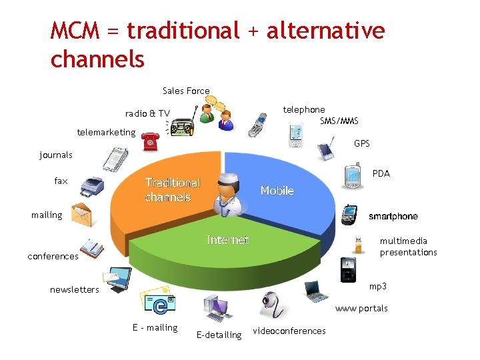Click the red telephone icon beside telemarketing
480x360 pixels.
point(149,140)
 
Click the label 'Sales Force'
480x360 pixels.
point(186,91)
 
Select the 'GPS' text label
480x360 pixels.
point(362,143)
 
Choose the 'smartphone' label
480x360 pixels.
point(393,216)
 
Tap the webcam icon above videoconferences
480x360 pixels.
point(272,304)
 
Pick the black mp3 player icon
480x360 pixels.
point(348,269)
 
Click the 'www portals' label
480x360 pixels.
point(361,308)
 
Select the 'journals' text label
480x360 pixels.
point(56,155)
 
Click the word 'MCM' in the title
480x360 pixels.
point(74,31)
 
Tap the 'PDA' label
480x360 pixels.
point(381,173)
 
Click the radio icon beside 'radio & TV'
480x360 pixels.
point(181,126)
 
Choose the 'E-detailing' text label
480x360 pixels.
point(219,335)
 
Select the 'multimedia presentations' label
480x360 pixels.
point(408,247)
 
